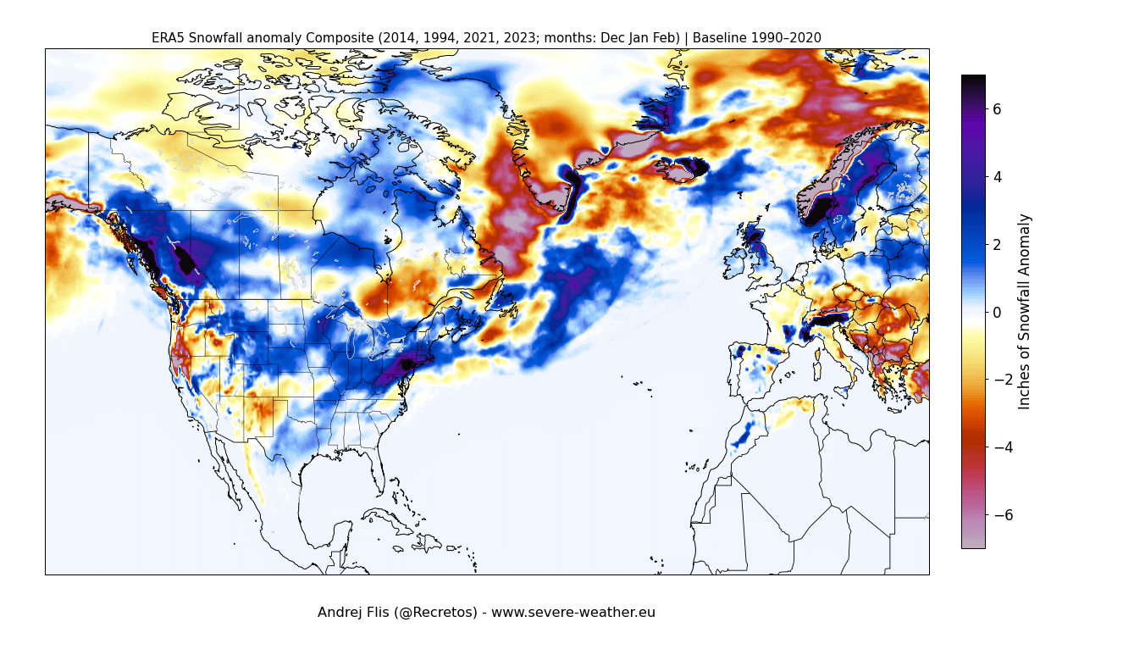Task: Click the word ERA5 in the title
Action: [167, 38]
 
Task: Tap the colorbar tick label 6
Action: [997, 109]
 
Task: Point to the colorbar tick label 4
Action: [997, 177]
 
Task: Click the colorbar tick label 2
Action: [997, 245]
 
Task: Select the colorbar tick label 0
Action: [997, 313]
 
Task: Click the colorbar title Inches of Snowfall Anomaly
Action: [1025, 311]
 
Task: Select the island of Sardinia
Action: [817, 370]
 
